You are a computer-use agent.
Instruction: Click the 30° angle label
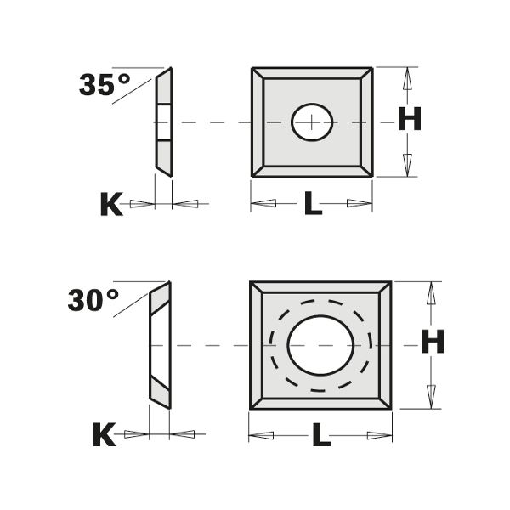(x=93, y=300)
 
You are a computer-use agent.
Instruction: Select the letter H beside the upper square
(x=410, y=121)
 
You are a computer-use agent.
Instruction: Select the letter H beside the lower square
(x=433, y=343)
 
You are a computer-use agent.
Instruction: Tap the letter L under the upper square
(x=313, y=204)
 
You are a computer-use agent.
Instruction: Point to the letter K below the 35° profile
(x=110, y=204)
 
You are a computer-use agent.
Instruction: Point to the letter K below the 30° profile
(x=103, y=435)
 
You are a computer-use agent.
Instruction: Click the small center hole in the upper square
(x=312, y=122)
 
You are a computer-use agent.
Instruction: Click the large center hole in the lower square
(x=320, y=345)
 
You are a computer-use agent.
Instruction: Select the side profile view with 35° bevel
(x=163, y=122)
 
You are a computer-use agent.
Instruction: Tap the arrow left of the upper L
(x=265, y=204)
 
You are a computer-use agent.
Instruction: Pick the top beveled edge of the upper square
(x=312, y=73)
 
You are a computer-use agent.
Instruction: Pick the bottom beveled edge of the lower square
(x=320, y=401)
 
